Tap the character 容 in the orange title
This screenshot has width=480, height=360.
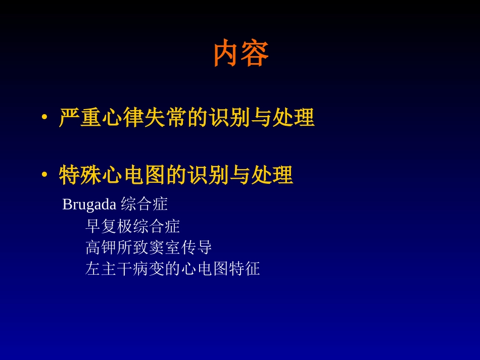point(255,54)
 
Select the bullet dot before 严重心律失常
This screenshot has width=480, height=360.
point(44,118)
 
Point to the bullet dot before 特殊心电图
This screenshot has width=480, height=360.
point(44,176)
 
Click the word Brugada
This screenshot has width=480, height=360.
point(89,204)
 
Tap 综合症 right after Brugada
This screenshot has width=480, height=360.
point(145,204)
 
